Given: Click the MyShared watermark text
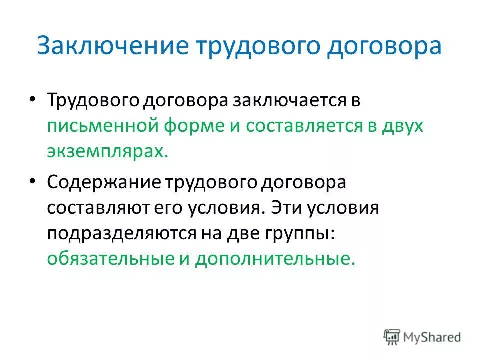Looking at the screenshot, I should [433, 337].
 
